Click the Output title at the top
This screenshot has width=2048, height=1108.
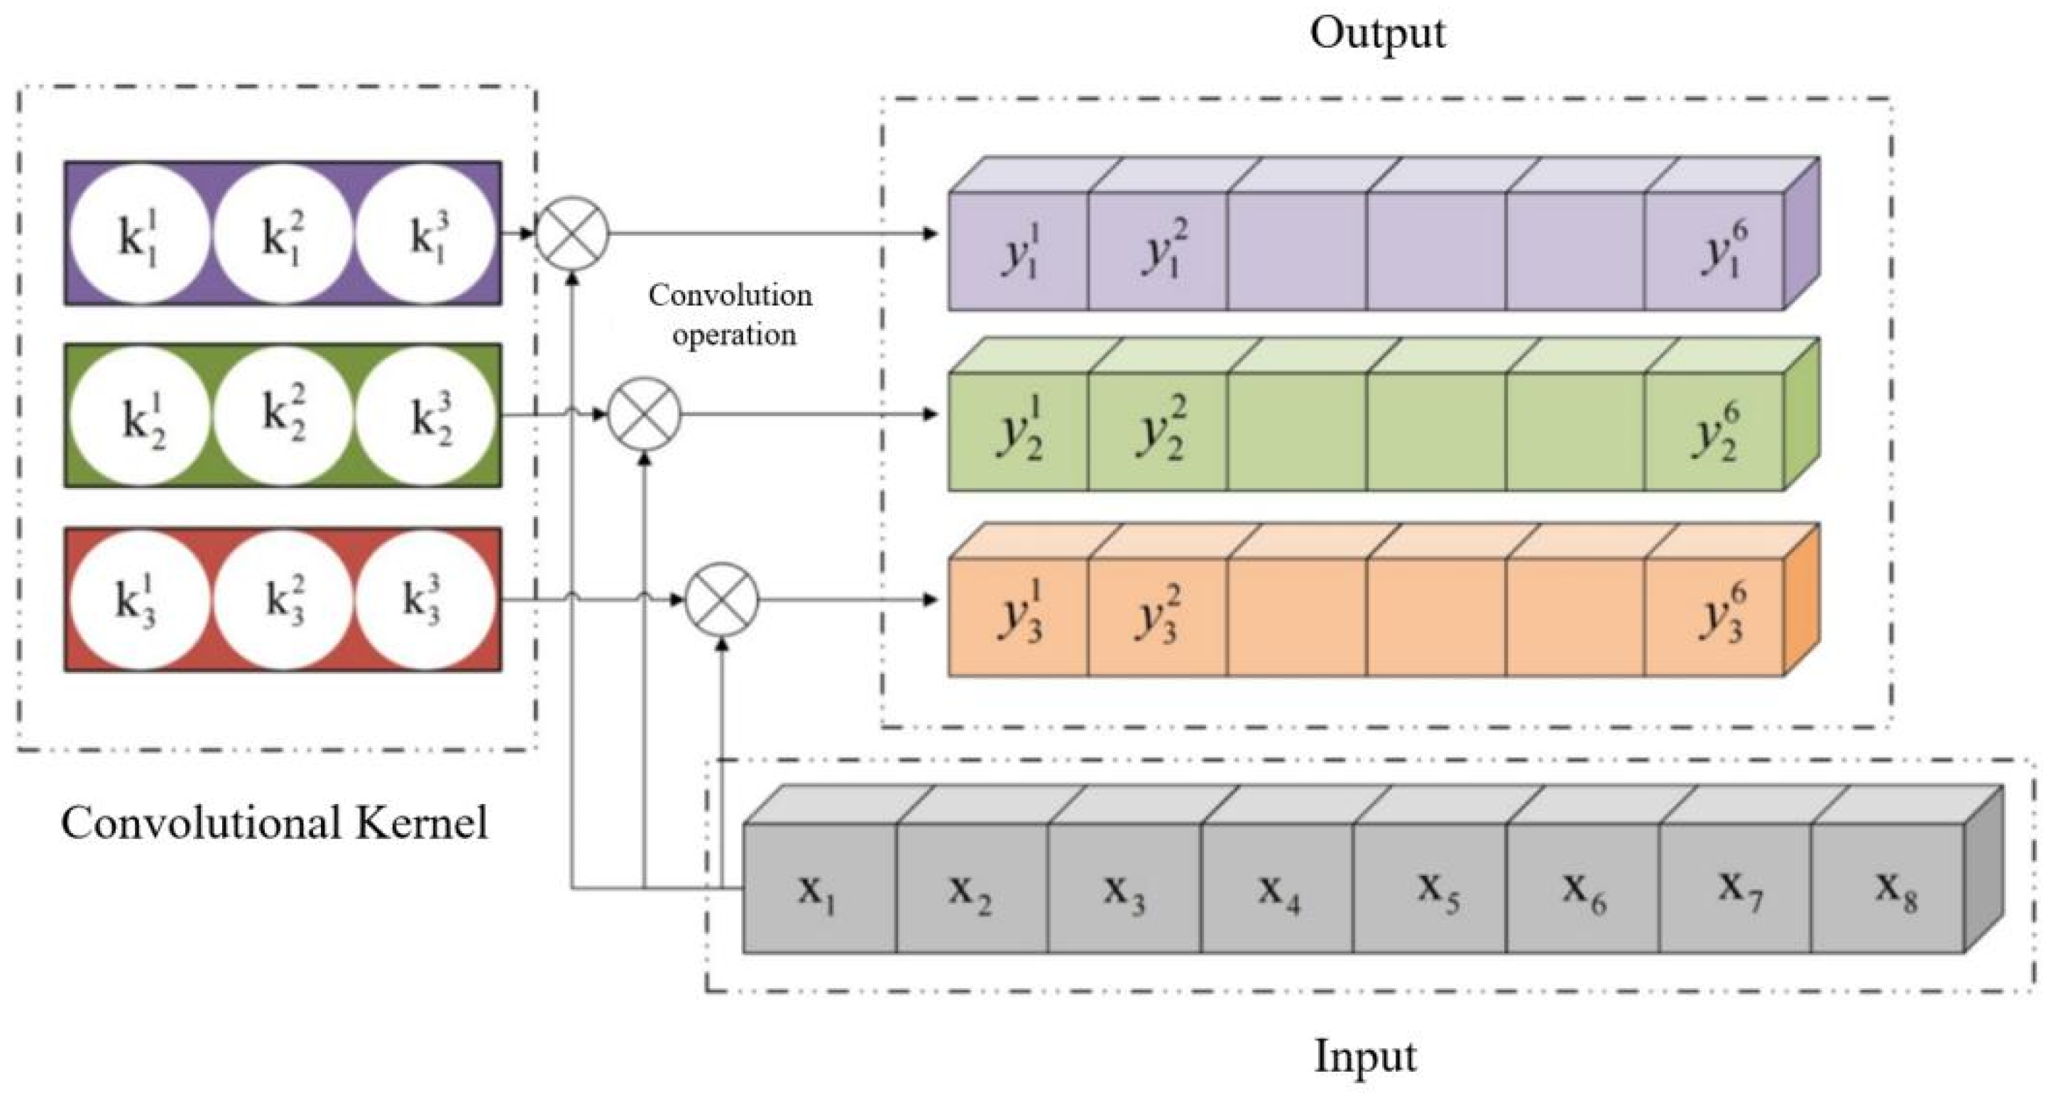click(x=1377, y=33)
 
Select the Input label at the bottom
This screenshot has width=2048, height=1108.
click(x=1364, y=1056)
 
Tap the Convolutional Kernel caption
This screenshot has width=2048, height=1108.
click(x=274, y=822)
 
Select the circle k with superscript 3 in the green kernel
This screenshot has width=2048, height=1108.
click(x=425, y=415)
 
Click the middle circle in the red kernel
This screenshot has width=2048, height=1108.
click(x=283, y=599)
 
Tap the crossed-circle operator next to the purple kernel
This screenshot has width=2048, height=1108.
click(x=572, y=234)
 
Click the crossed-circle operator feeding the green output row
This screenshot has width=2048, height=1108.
click(x=644, y=414)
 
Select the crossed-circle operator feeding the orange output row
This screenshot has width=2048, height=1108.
click(x=722, y=599)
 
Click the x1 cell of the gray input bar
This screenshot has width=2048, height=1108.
click(x=819, y=889)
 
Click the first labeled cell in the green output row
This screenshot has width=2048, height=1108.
click(x=1019, y=432)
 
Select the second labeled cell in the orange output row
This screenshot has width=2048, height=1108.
click(x=1158, y=617)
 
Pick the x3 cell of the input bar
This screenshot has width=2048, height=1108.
click(x=1124, y=889)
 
